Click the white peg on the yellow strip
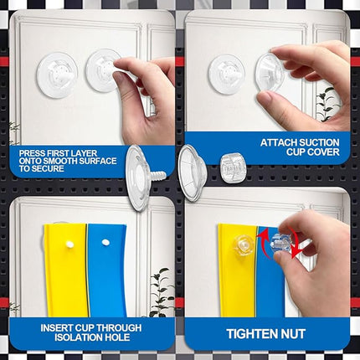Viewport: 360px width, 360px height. click(69, 244)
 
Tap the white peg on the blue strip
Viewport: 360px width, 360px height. click(105, 242)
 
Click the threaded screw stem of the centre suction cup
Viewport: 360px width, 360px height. click(158, 176)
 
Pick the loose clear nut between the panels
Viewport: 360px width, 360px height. click(231, 167)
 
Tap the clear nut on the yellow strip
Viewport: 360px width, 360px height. click(244, 244)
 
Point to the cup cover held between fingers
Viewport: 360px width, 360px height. click(270, 73)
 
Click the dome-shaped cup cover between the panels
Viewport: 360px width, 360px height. click(192, 173)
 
